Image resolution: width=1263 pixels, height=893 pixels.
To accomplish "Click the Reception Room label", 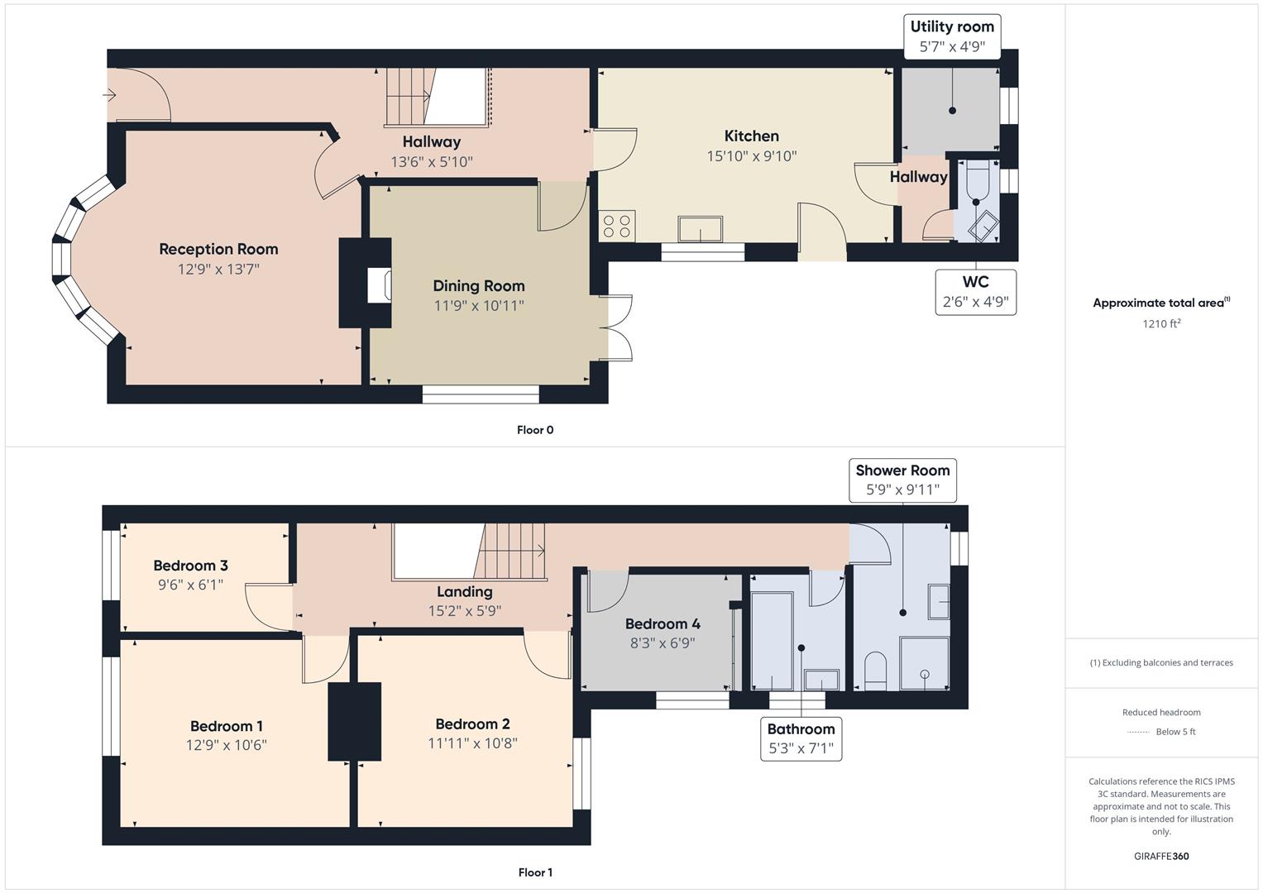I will (x=218, y=249).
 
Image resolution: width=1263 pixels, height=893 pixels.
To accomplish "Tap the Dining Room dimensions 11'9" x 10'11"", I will (x=479, y=306).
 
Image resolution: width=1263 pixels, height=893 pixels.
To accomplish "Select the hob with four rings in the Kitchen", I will (x=617, y=226).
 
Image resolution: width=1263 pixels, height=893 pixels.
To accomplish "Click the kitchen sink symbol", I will (x=700, y=228).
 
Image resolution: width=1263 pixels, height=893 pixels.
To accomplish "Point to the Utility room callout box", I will (x=952, y=36).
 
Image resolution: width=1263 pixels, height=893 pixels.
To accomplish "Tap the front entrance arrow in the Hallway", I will (x=109, y=95).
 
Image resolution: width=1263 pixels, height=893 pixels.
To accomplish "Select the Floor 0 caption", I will (x=535, y=430).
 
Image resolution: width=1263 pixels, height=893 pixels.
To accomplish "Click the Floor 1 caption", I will (x=535, y=872).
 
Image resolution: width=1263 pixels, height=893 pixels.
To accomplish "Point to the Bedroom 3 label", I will (x=190, y=566).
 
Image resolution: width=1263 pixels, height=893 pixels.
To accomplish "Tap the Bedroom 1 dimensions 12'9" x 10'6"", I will (x=226, y=745).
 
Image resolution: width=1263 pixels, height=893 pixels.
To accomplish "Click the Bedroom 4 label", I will (x=663, y=623).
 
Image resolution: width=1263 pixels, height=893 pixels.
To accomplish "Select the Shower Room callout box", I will (x=902, y=480).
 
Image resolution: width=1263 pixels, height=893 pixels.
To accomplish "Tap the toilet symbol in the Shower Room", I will (x=875, y=670).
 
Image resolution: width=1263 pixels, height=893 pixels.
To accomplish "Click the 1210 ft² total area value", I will (x=1161, y=324).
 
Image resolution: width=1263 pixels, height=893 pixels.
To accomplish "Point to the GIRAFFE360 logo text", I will (x=1161, y=856).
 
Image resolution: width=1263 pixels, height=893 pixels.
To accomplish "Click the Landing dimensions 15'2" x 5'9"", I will (x=465, y=611).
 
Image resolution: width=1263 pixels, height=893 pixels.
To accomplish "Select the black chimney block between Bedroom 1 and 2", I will (x=355, y=721).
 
